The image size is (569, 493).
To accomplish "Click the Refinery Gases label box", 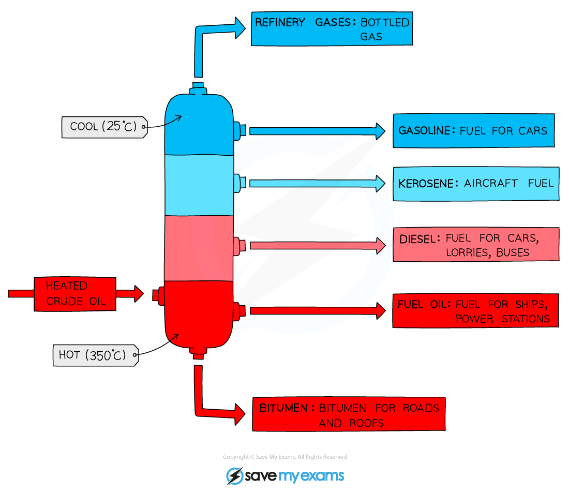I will point(332,29).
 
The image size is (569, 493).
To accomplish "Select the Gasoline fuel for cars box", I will point(473,130).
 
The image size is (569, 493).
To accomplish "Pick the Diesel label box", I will point(476,244).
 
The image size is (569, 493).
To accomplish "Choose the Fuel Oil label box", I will point(475,310).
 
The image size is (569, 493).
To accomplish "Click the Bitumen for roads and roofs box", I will point(349,414).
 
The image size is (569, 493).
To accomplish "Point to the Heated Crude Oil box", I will point(74,293).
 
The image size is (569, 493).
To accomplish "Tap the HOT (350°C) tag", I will point(96,355).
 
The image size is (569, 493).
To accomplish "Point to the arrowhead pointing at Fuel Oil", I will point(381,310).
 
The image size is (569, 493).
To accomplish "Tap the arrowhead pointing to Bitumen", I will point(239,414).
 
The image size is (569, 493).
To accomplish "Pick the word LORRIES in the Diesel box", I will point(469,252).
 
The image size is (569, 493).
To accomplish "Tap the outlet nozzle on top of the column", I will point(198,88).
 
